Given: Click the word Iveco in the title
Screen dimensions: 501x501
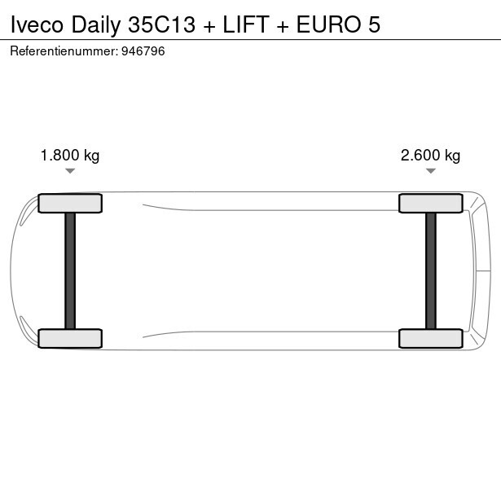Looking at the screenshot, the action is pos(37,24).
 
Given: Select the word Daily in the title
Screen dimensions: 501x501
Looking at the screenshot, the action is pos(96,25).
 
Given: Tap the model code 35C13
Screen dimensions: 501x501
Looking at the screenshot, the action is pos(161,24).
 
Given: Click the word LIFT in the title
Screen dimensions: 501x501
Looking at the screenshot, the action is pos(246,24).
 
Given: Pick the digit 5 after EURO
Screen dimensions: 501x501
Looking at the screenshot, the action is pos(374,24).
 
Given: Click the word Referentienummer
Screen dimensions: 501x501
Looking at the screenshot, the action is pos(64,51).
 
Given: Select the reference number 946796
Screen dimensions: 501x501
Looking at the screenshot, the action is pos(143,51).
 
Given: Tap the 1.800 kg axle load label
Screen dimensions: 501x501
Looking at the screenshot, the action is pos(70,156).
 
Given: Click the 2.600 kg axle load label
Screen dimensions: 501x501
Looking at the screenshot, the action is pos(430,156).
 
